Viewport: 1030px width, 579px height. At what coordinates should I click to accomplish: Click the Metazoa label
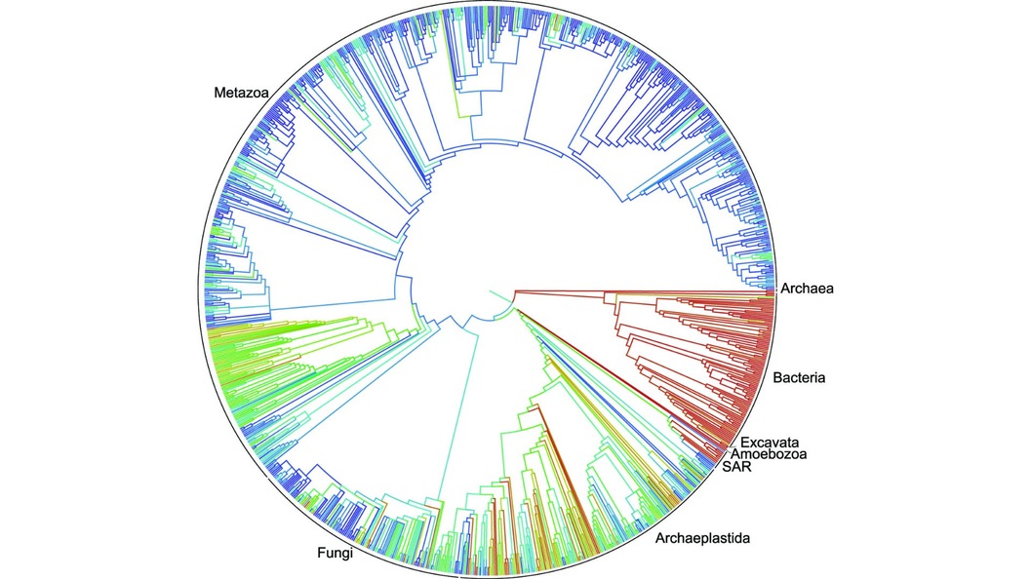(241, 94)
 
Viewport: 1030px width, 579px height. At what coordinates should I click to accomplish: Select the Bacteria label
(799, 376)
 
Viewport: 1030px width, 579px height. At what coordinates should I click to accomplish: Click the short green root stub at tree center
(497, 296)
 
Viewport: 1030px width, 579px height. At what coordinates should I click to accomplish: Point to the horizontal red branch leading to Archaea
(634, 290)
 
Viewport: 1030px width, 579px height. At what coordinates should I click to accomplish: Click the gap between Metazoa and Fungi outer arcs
(267, 479)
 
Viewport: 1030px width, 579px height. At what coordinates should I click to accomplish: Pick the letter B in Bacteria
(777, 376)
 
